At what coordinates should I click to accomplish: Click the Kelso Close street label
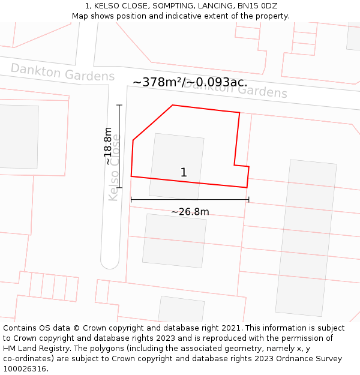(113, 167)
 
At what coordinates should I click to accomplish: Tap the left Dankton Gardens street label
(62, 72)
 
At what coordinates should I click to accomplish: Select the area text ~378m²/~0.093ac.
(190, 82)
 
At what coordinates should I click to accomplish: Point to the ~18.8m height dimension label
(108, 146)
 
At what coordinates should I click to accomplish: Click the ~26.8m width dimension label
(190, 212)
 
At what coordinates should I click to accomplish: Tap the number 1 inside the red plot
(184, 173)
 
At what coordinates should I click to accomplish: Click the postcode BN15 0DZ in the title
(256, 6)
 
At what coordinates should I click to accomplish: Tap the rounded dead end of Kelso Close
(110, 262)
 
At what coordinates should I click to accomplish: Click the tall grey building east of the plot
(306, 237)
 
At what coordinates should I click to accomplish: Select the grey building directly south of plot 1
(174, 241)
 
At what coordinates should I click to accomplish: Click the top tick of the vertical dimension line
(119, 106)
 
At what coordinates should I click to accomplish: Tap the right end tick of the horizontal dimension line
(248, 200)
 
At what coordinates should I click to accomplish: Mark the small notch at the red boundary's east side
(242, 166)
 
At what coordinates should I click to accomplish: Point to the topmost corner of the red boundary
(173, 106)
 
